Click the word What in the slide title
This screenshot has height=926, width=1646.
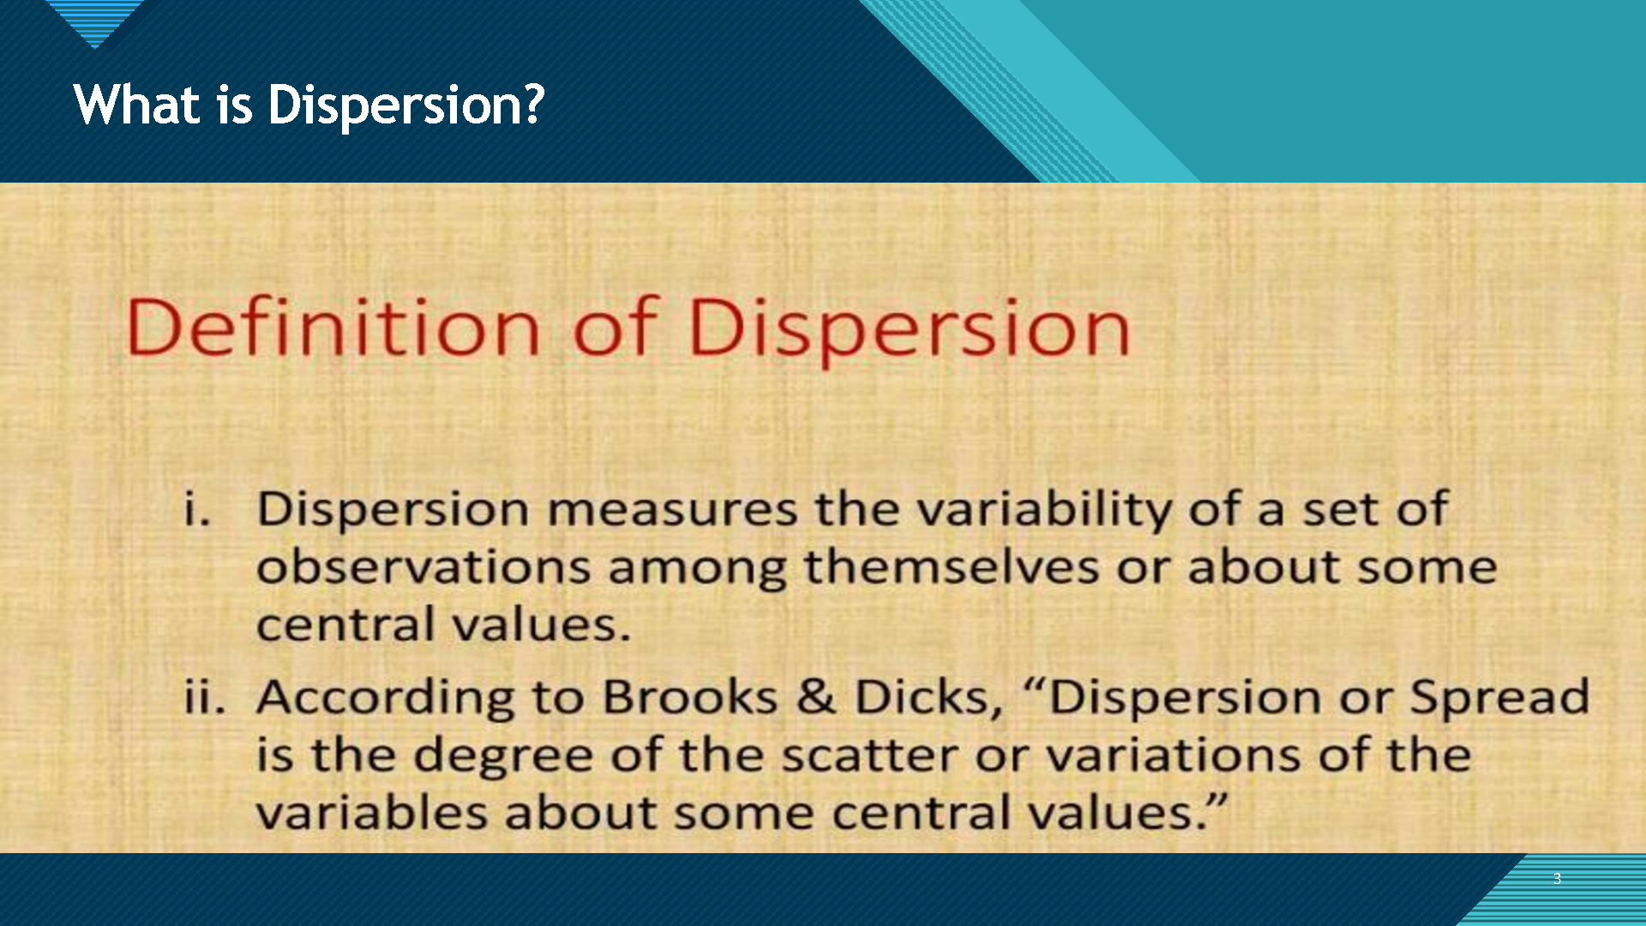click(x=137, y=105)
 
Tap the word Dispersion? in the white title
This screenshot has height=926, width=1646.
click(x=406, y=106)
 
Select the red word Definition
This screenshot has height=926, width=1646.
click(x=333, y=327)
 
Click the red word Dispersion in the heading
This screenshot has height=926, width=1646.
click(x=909, y=331)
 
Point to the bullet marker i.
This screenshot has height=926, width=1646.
click(x=197, y=508)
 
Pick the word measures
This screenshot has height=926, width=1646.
click(x=673, y=510)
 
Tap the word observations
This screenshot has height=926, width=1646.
click(x=424, y=568)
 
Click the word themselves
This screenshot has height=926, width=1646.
click(x=952, y=567)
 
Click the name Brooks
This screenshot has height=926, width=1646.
click(x=690, y=696)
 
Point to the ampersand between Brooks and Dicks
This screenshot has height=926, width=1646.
click(x=816, y=696)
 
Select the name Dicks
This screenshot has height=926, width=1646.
click(x=928, y=696)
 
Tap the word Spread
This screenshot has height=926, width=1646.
click(x=1500, y=697)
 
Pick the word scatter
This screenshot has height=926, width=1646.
click(x=869, y=755)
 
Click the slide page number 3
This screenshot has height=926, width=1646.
click(x=1557, y=879)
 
